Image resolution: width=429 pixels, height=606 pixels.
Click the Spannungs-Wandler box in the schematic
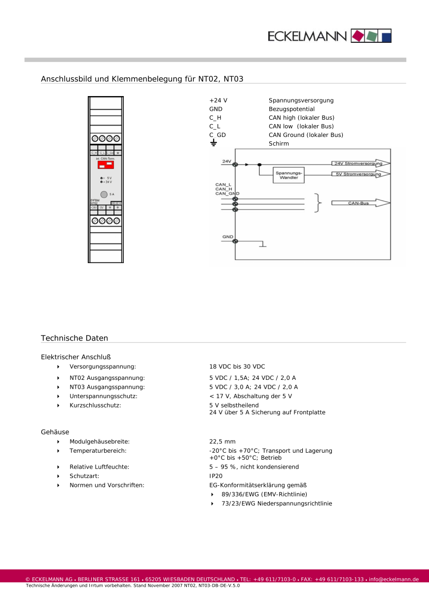click(x=288, y=175)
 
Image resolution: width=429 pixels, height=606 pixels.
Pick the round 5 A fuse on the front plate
click(x=104, y=195)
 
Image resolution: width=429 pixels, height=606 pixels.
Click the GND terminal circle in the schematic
click(x=235, y=241)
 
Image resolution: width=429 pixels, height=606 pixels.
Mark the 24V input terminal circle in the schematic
click(x=235, y=165)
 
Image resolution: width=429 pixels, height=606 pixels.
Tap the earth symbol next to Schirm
click(x=214, y=143)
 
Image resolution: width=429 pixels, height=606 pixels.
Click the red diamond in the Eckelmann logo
click(x=357, y=35)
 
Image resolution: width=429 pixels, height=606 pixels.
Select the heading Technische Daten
click(x=74, y=338)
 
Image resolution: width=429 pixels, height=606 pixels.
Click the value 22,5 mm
click(x=222, y=442)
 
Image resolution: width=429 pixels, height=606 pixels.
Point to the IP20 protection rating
click(x=215, y=476)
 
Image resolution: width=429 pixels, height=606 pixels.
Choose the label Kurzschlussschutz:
click(x=95, y=405)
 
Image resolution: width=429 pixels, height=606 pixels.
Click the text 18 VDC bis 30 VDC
click(x=237, y=367)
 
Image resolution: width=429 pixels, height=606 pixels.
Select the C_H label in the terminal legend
click(x=215, y=118)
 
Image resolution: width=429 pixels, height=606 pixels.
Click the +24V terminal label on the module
click(x=94, y=208)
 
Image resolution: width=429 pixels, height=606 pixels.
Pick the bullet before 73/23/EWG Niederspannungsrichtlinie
click(x=213, y=504)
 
